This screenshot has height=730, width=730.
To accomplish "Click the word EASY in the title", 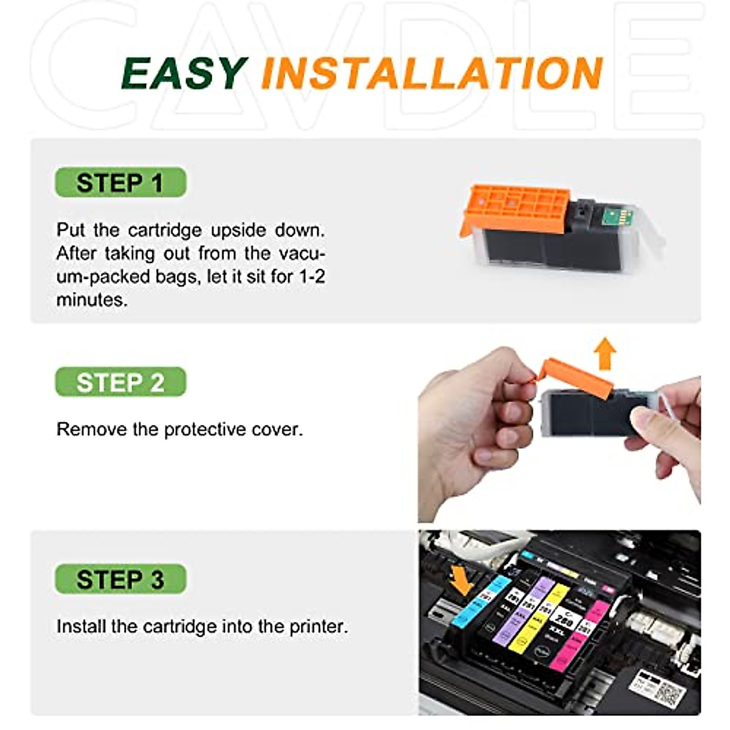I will (x=184, y=74).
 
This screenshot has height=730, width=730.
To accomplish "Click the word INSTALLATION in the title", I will (x=431, y=74).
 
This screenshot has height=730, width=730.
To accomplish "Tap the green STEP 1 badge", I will (x=120, y=182).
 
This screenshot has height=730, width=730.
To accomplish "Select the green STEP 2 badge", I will (x=120, y=383).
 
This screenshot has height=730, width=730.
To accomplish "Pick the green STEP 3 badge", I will (x=120, y=579).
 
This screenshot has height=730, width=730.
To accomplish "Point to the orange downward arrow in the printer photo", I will (x=461, y=580).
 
